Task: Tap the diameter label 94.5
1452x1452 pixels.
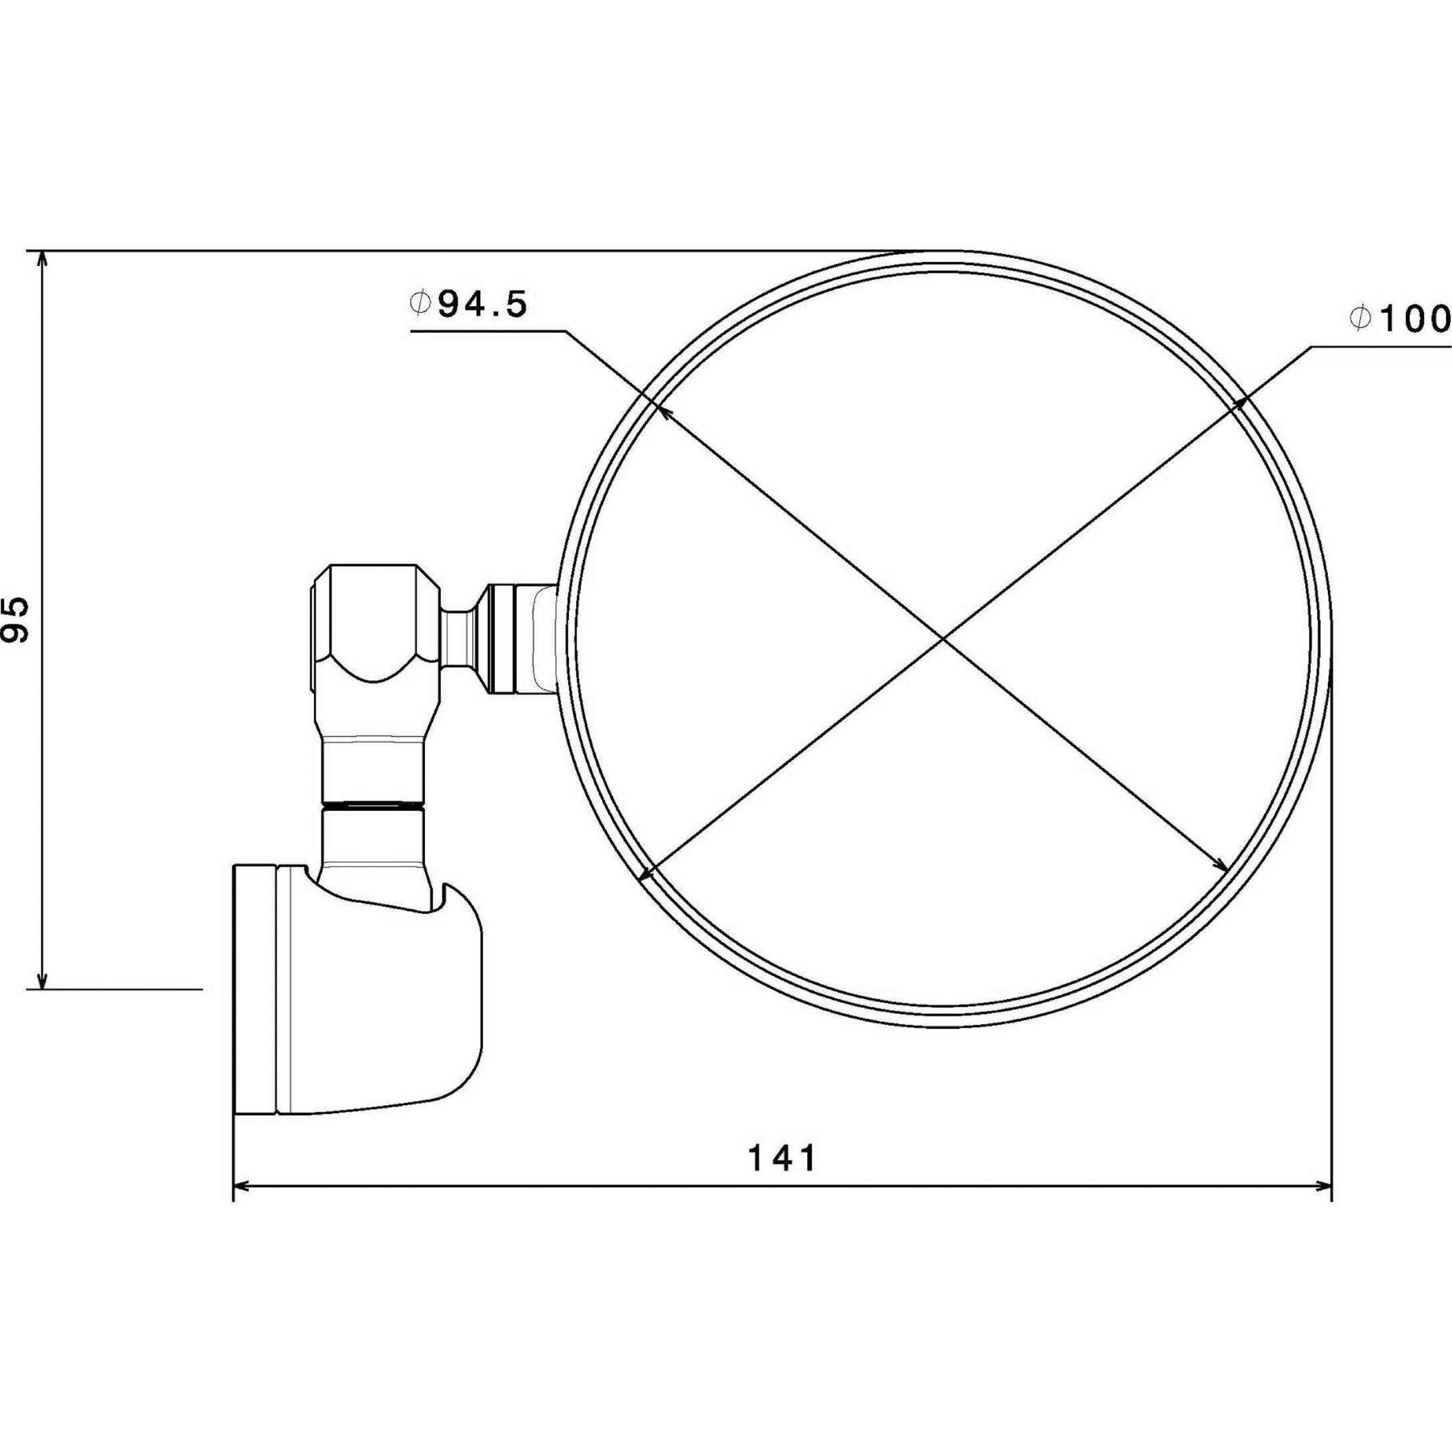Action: pos(482,305)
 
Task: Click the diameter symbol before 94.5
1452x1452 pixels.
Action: pos(420,303)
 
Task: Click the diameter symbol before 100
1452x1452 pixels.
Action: pos(1359,319)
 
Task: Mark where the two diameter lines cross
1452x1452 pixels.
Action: pos(944,638)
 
